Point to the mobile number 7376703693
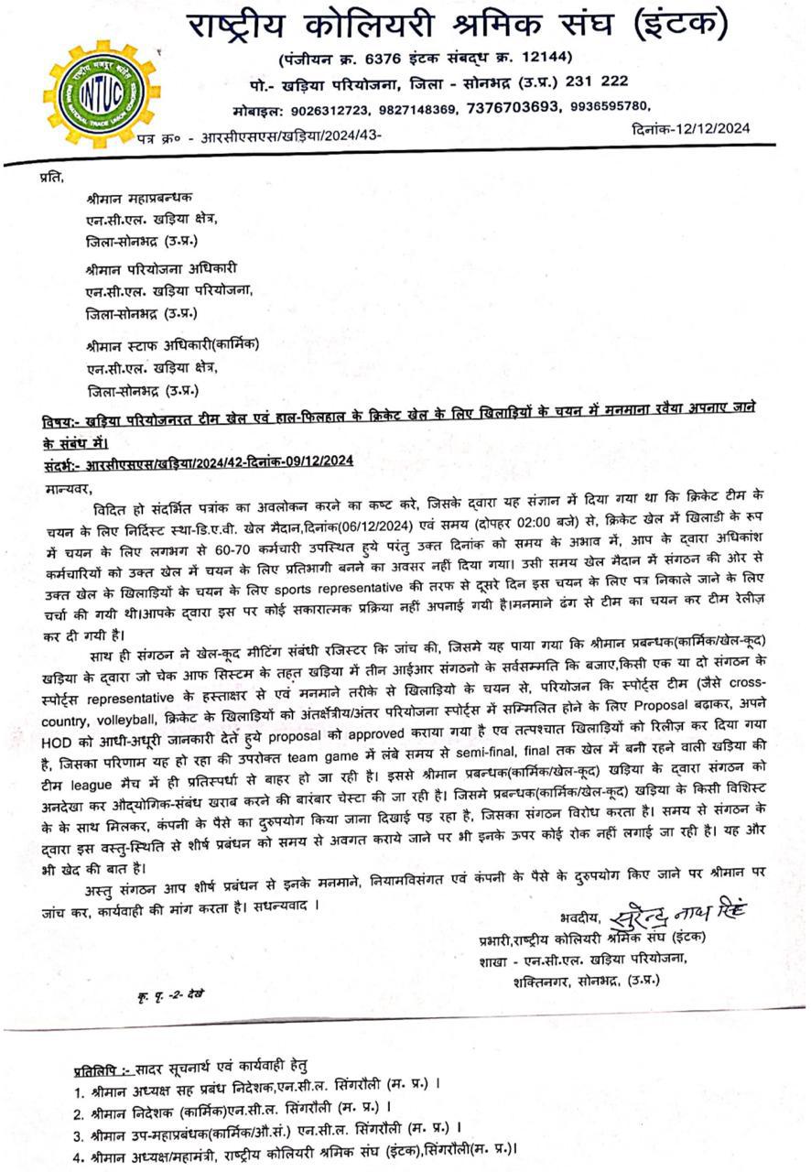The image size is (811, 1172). tap(513, 107)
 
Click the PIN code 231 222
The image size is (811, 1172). tap(597, 82)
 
